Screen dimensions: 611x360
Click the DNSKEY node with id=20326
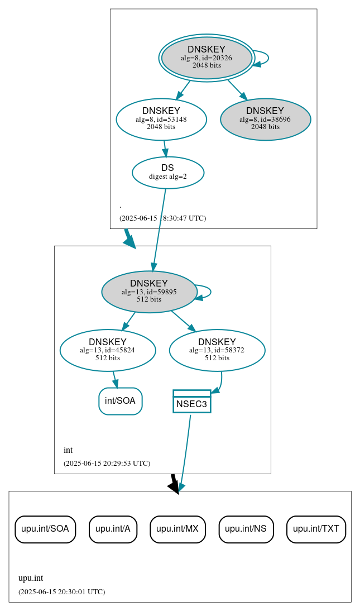pos(207,58)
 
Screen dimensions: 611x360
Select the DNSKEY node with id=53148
pos(161,119)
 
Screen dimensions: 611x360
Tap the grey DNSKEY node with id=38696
pos(265,119)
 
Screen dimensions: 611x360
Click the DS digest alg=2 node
pos(167,172)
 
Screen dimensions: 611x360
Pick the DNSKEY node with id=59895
pos(149,292)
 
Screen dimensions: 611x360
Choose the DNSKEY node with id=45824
pos(108,350)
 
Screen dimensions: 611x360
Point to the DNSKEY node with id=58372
pos(217,350)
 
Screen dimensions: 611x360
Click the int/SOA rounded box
pos(120,401)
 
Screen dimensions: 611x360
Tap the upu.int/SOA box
pos(45,529)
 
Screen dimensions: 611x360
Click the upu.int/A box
pos(113,529)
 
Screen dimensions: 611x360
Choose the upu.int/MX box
pos(177,529)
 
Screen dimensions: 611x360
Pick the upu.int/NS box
pos(246,529)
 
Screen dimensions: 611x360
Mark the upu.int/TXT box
pos(316,529)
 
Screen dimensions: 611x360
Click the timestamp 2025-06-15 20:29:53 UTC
pos(107,463)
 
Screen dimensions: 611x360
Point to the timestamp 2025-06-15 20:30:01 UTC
pos(61,591)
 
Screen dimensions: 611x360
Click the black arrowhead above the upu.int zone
pos(174,486)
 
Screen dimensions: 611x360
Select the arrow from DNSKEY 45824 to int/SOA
pos(115,379)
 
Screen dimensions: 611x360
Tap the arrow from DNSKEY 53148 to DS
pos(165,149)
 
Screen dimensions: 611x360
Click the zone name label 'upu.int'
pos(31,578)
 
